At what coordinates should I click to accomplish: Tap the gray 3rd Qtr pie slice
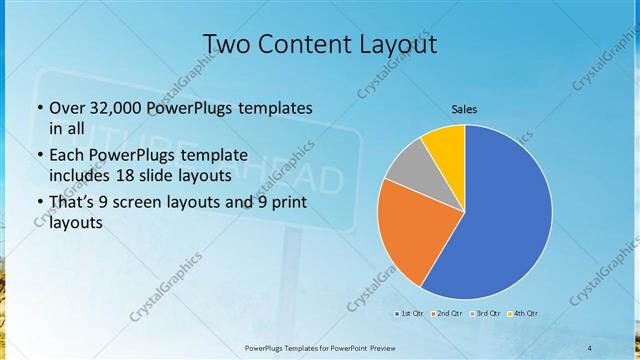(408, 166)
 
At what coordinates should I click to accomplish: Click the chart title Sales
(464, 108)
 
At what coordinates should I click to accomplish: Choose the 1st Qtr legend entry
(410, 314)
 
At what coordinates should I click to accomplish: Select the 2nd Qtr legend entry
(447, 314)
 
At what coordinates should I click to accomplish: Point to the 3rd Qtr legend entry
(484, 314)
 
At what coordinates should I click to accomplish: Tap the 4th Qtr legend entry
(522, 314)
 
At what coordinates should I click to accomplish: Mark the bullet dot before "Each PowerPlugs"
(40, 156)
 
